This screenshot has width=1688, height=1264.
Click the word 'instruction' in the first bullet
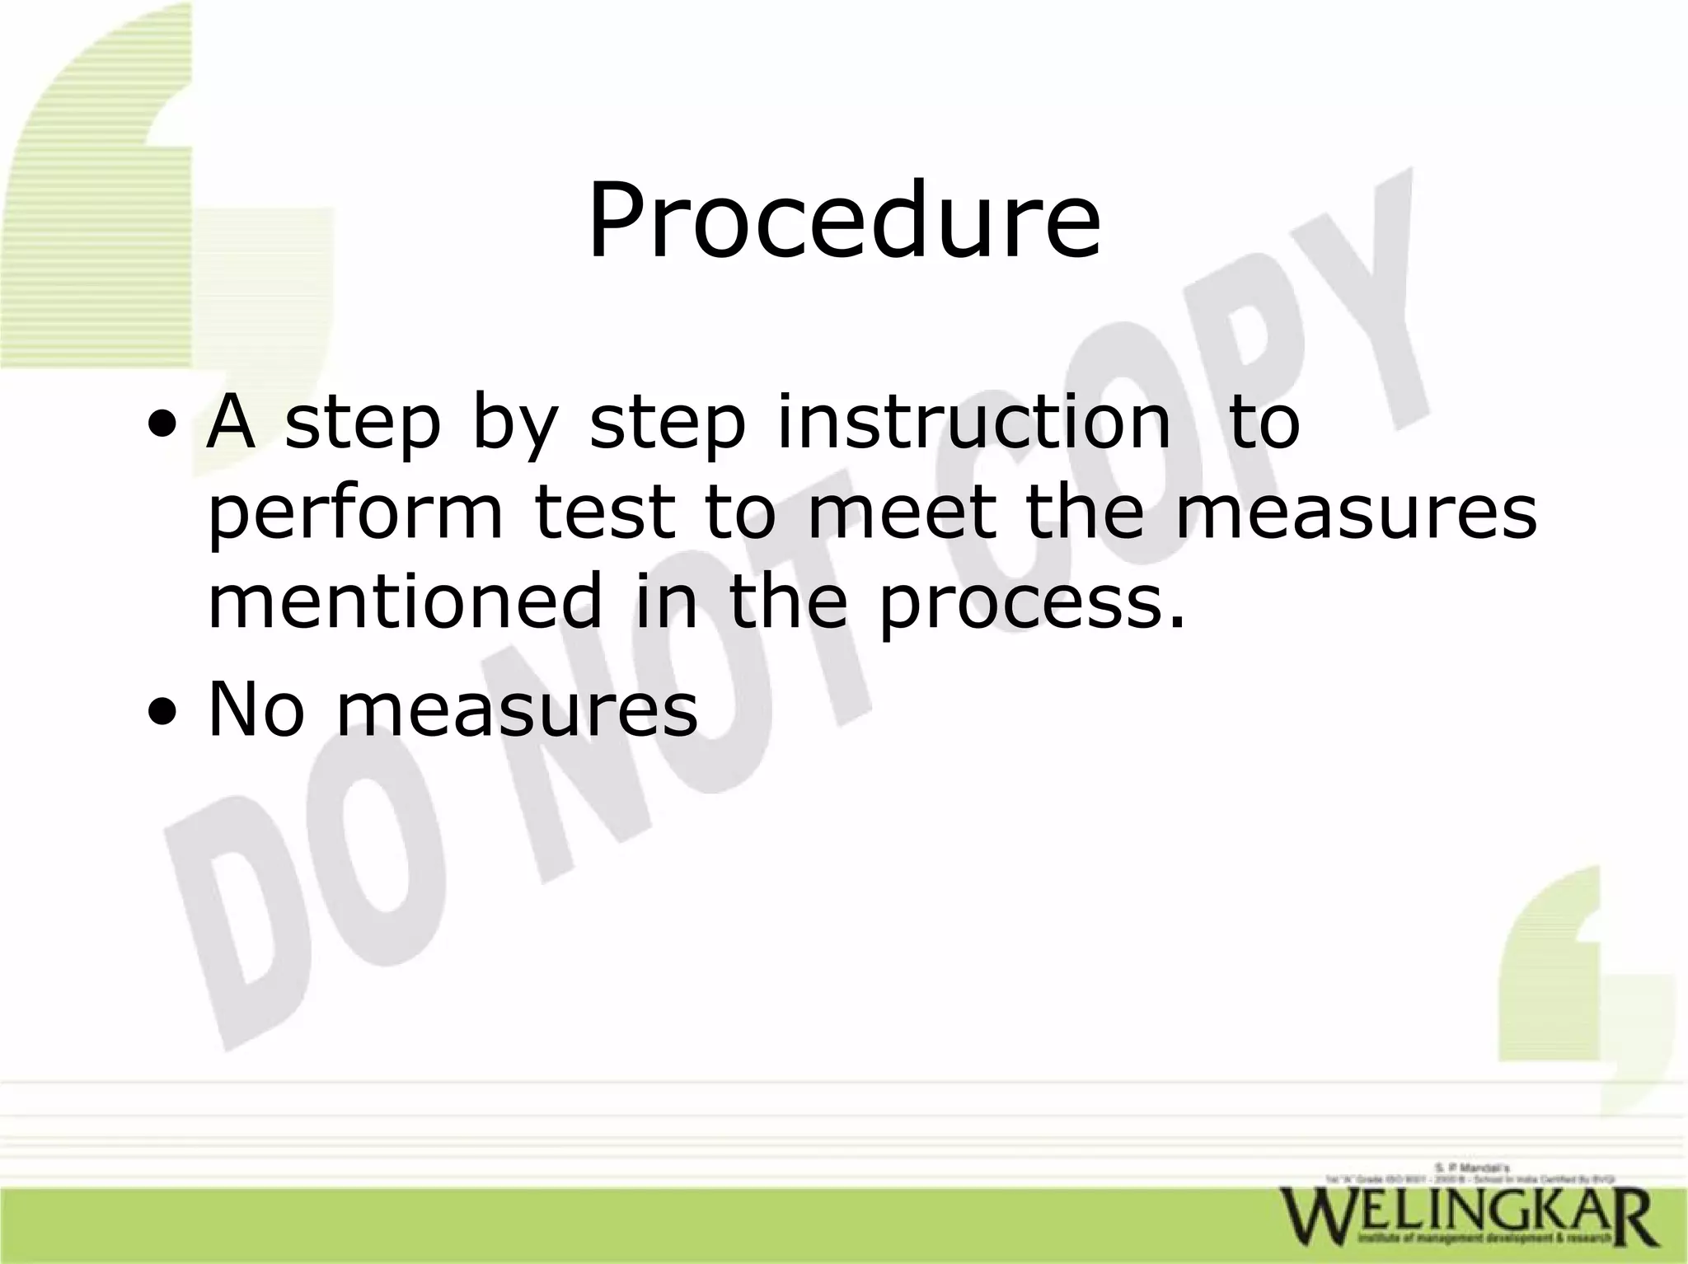[x=973, y=422]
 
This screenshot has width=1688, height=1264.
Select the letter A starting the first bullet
[x=231, y=422]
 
